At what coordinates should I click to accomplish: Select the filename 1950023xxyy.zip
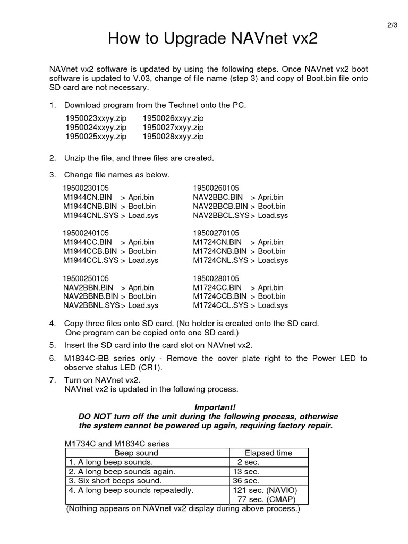pos(96,118)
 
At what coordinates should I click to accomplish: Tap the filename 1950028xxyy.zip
pos(173,137)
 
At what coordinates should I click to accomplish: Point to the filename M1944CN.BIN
pos(87,197)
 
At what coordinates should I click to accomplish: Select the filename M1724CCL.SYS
pos(220,305)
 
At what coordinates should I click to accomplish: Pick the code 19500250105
pos(86,278)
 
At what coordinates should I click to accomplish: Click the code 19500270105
pos(216,233)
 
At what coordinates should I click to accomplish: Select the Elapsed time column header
pos(268,453)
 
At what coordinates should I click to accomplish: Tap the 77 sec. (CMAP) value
pos(265,499)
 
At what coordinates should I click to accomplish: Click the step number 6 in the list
pos(52,359)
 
